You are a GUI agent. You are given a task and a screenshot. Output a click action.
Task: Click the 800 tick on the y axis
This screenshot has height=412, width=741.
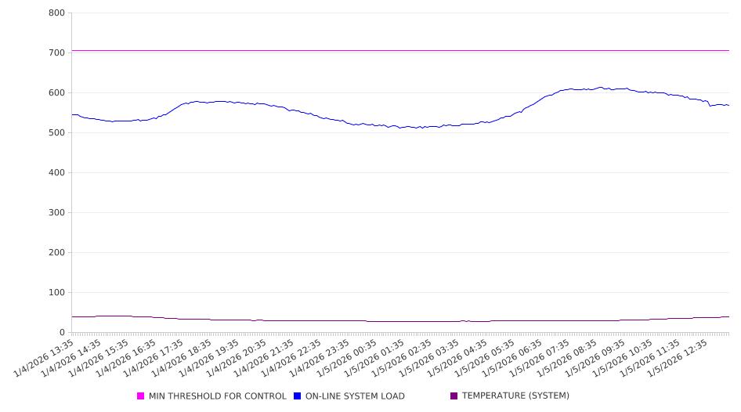pos(56,13)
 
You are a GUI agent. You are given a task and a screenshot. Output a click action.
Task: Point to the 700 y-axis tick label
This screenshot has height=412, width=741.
pos(56,52)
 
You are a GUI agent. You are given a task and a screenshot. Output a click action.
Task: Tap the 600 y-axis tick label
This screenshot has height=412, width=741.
pos(56,92)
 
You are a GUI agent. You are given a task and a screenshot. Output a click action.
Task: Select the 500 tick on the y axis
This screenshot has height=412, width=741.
pos(56,132)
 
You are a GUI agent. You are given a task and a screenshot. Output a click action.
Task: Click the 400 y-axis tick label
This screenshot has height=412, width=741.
pos(56,172)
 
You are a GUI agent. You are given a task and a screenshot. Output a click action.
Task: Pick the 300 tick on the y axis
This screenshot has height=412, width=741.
pos(56,212)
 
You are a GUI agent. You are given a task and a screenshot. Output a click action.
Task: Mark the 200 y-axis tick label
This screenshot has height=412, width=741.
pos(56,252)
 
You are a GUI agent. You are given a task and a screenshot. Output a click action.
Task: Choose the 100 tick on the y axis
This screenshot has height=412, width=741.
pos(56,292)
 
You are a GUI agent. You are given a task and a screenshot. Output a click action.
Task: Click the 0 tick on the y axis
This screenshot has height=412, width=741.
pos(62,332)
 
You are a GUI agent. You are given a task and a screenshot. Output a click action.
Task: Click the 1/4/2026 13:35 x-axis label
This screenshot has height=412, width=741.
pos(45,357)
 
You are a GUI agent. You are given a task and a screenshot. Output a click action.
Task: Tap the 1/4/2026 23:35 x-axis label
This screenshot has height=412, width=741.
pos(320,357)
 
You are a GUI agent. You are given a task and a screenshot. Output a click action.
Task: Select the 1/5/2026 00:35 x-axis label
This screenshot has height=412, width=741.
pos(347,357)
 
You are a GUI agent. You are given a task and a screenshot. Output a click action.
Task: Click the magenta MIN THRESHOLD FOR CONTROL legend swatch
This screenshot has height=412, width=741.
pos(141,396)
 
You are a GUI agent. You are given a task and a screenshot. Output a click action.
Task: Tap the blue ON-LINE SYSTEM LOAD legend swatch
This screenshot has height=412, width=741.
pos(298,396)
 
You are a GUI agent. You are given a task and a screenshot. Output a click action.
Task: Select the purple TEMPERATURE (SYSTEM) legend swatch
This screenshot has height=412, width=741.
pos(454,396)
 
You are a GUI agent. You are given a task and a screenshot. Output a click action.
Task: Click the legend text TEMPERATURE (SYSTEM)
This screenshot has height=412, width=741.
pos(515,396)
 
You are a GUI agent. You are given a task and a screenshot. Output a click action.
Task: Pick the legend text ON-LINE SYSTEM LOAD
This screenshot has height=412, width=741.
pos(355,396)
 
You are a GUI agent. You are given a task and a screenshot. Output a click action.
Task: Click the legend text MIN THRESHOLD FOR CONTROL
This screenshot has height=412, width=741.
pos(218,396)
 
